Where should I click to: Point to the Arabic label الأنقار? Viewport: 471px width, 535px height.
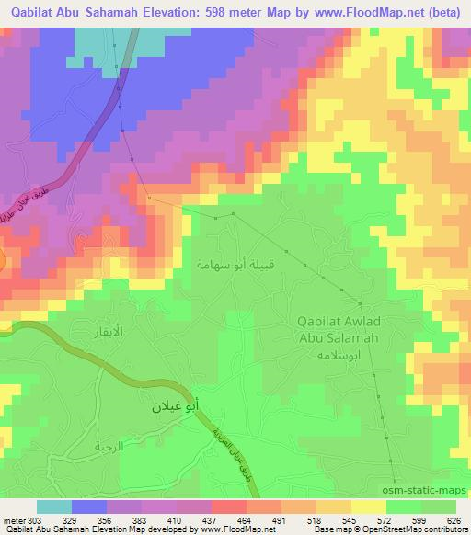[109, 328]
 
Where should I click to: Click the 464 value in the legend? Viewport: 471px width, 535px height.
[220, 520]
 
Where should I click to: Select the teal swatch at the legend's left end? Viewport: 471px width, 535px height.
[53, 507]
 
